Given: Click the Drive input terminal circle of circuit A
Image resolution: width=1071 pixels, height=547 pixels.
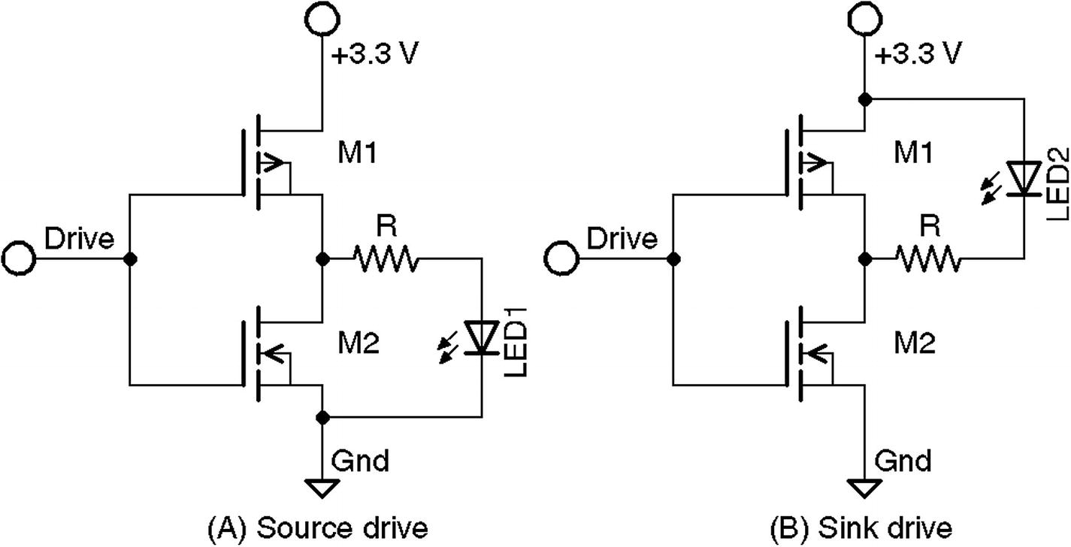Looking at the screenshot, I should (x=18, y=259).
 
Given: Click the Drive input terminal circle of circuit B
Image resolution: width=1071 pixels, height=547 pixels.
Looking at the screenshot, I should (x=560, y=259).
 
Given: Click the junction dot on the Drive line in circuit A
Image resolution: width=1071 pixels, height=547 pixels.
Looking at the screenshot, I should (x=131, y=259).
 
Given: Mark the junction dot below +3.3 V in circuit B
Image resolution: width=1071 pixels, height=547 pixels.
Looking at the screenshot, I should (x=864, y=98).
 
